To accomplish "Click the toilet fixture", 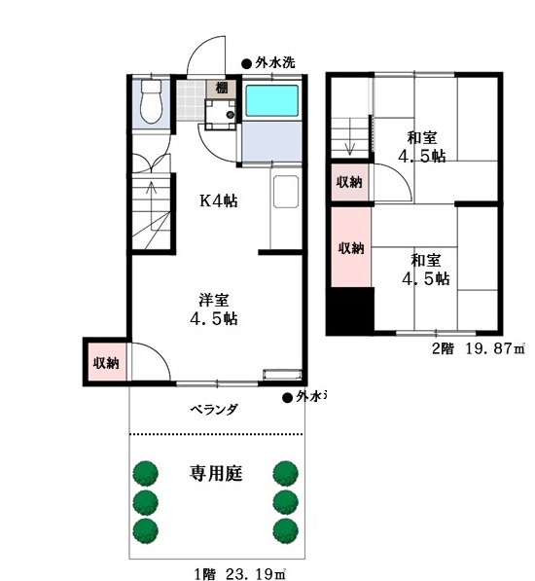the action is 151,101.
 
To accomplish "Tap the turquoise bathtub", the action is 272,100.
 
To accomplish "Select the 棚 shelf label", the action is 222,89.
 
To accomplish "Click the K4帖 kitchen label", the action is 219,200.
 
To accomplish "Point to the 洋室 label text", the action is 214,300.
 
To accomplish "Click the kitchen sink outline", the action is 286,191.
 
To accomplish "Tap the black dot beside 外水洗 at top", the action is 246,64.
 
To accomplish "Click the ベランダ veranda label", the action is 214,409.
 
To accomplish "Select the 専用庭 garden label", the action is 216,473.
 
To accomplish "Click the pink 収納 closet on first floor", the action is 107,362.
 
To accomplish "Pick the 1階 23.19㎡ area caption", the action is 240,573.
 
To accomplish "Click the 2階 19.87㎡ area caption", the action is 479,348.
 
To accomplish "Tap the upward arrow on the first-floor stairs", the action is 151,205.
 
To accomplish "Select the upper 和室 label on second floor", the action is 422,138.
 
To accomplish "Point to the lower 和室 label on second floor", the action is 426,260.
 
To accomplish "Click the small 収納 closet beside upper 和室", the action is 349,182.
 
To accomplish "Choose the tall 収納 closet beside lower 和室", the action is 350,247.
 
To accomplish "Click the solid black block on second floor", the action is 350,310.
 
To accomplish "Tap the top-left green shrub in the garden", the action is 146,473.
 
